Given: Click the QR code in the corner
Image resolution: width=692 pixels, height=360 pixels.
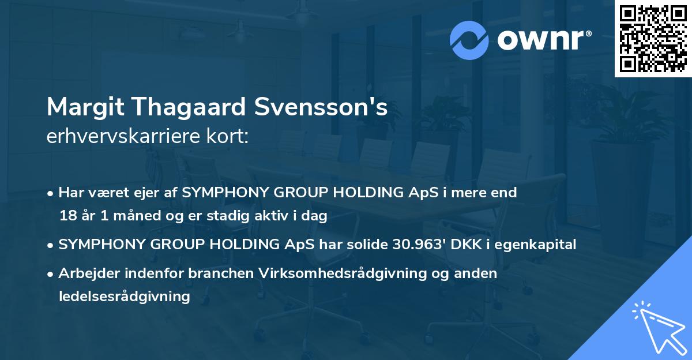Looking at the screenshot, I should point(653,38).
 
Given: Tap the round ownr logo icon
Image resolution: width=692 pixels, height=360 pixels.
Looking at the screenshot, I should point(469,40).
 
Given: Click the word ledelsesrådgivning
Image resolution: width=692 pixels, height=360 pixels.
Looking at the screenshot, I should point(124,297).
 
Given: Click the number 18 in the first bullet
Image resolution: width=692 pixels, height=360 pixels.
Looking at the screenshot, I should point(67,216).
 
